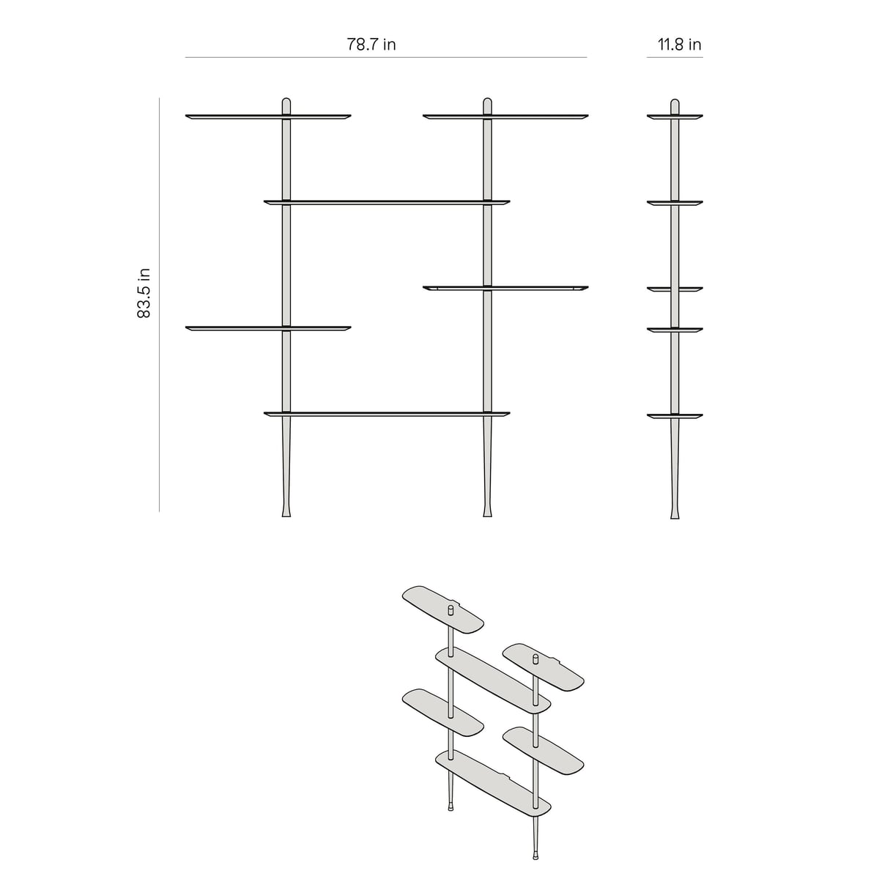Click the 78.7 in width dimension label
371,44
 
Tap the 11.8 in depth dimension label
679,44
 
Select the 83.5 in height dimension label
144,293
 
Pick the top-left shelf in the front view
268,116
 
